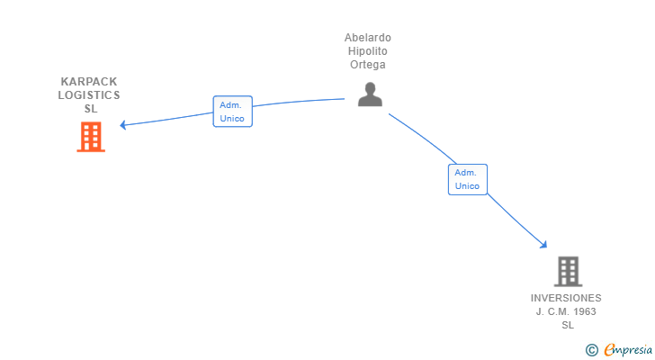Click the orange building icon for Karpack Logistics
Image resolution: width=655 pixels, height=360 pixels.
coord(91,137)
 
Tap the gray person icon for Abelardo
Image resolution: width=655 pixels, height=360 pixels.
coord(369,94)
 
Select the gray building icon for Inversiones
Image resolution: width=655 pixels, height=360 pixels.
coord(567,271)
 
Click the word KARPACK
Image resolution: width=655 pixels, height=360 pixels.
coord(89,81)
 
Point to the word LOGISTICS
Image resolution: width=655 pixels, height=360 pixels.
coord(89,94)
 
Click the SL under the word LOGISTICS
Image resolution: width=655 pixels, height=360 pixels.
coord(90,109)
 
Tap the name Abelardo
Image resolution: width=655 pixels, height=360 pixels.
coord(368,38)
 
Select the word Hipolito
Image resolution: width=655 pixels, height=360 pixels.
coord(368,51)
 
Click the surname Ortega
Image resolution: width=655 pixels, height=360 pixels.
coord(368,65)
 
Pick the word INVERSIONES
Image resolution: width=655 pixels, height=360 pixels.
coord(566,298)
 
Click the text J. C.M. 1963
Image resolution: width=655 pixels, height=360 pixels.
coord(566,311)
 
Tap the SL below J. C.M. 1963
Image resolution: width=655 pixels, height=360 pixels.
coord(567,325)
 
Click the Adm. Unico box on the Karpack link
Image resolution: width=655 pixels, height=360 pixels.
coord(232,112)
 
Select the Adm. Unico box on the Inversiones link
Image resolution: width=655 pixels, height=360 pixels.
coord(467,179)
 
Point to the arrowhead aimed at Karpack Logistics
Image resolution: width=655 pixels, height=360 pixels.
coord(123,125)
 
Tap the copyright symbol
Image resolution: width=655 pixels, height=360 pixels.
coord(591,350)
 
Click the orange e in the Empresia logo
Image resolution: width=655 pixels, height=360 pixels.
coord(609,350)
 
